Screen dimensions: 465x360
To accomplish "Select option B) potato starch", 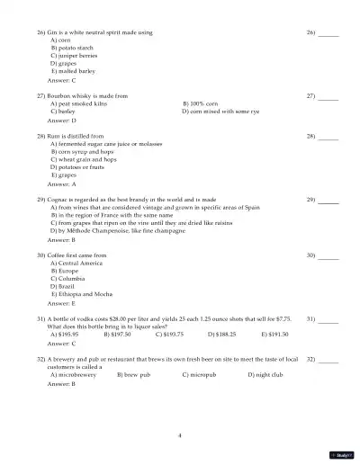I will (x=72, y=48).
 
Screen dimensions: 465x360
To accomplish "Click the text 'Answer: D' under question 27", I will (x=61, y=120).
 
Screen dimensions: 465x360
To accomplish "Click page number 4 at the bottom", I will (x=180, y=434).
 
